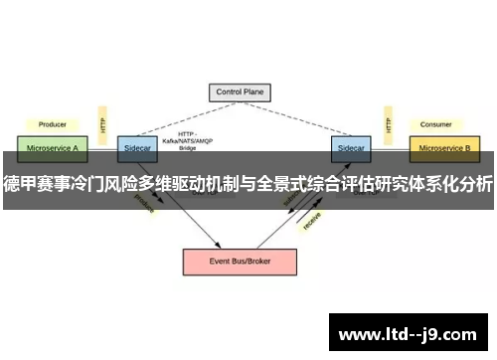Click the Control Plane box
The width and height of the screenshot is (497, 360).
pos(241,92)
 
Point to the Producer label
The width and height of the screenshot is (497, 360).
pos(53,125)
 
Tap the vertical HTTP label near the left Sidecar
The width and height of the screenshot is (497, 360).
pos(101,123)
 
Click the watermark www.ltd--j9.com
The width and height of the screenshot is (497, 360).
pos(410,333)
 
